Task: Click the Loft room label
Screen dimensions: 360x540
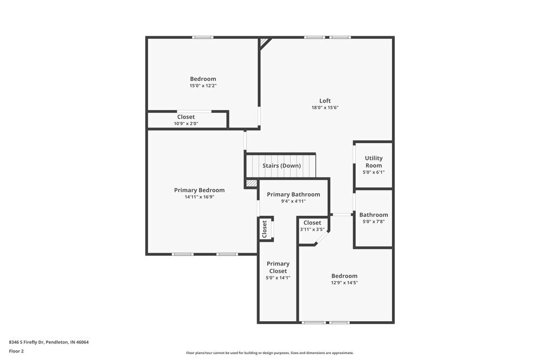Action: click(x=325, y=100)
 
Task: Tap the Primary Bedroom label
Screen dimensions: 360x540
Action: click(x=199, y=190)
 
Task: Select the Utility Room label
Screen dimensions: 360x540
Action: click(x=374, y=162)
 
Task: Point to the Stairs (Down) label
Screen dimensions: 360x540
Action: click(x=281, y=166)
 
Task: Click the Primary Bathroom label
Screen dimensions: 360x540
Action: click(x=293, y=194)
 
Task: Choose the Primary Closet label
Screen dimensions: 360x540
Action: click(x=278, y=267)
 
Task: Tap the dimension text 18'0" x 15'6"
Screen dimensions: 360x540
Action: click(x=325, y=107)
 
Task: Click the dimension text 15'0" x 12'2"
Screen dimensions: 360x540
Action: click(x=202, y=85)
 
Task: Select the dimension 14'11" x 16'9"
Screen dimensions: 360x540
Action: click(x=199, y=197)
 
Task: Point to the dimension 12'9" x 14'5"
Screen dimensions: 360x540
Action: click(x=345, y=282)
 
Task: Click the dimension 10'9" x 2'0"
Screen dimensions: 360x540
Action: click(x=186, y=124)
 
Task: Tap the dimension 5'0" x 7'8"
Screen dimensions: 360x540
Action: click(x=374, y=221)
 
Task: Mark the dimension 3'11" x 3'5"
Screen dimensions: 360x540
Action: click(x=312, y=229)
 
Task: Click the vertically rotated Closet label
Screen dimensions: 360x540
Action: click(x=265, y=229)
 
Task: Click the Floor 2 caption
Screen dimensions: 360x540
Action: click(x=16, y=351)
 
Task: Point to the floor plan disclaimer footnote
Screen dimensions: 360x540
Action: click(x=270, y=353)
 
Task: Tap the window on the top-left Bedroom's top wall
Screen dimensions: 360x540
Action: click(x=203, y=37)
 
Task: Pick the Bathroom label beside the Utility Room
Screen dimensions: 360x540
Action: click(x=374, y=214)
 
